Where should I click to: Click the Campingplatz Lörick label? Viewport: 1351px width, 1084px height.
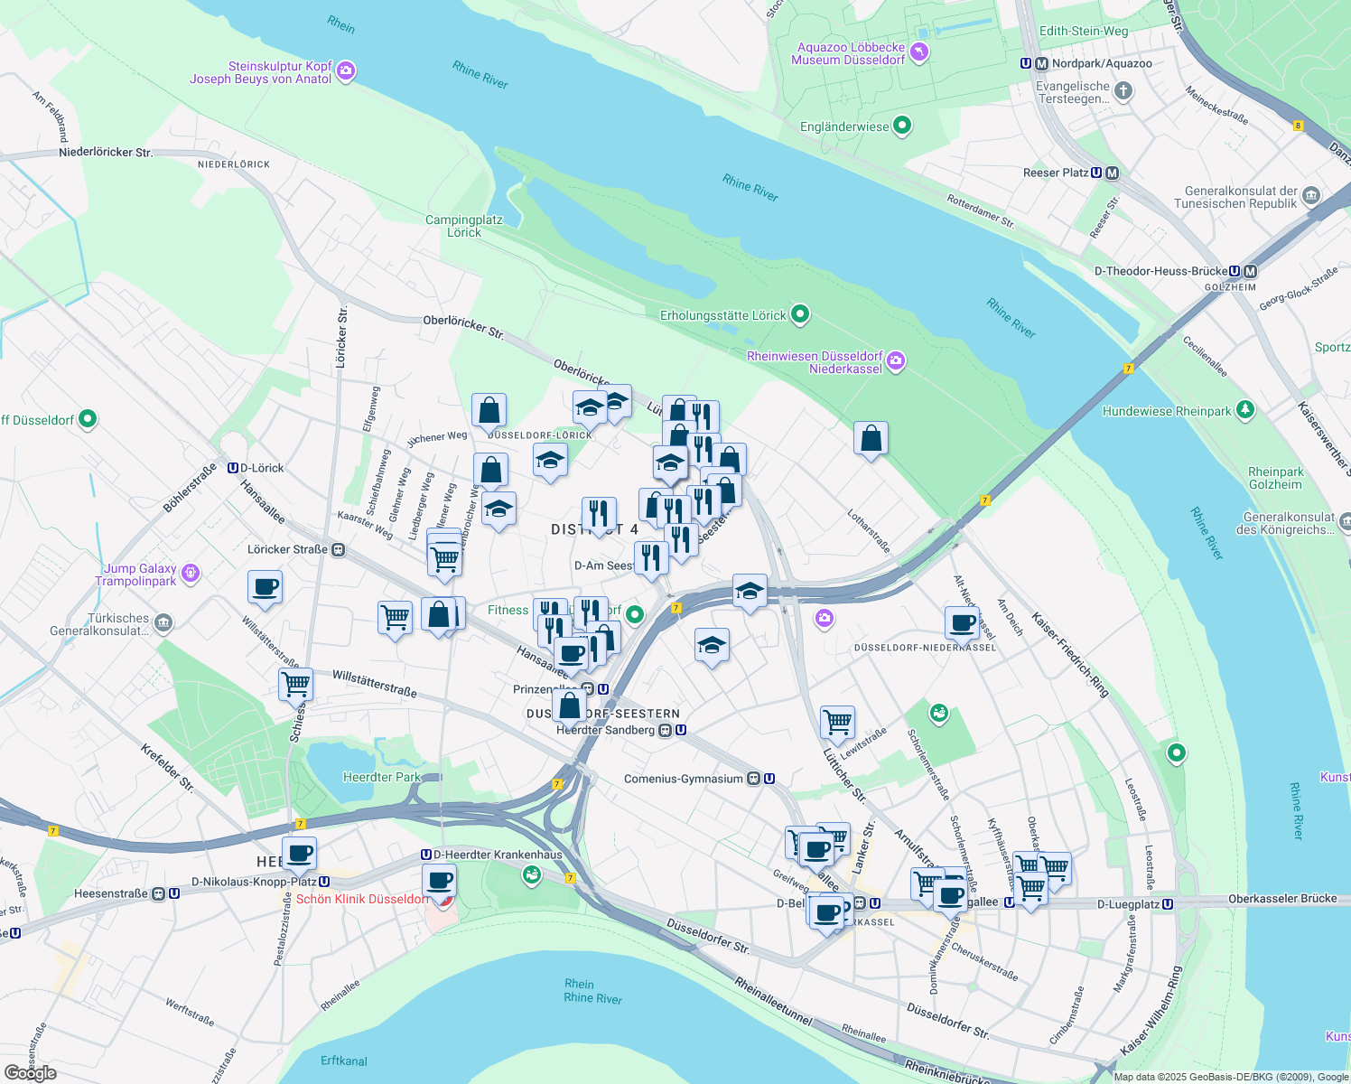463,226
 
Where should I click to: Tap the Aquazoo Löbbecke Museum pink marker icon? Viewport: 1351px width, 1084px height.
919,52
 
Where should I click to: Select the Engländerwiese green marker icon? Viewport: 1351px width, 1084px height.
902,126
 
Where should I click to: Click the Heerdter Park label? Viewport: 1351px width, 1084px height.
382,777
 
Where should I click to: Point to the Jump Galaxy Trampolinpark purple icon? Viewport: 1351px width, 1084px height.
190,574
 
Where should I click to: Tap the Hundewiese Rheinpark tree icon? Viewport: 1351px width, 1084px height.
1245,410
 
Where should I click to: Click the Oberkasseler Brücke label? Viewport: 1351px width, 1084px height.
1282,899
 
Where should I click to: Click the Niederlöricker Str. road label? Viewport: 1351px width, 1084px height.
106,152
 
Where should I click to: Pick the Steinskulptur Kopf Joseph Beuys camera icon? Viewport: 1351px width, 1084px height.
345,71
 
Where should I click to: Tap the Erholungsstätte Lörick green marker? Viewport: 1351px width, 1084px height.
799,314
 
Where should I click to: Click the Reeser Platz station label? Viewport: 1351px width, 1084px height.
1056,173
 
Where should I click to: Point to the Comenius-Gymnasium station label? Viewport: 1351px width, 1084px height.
684,779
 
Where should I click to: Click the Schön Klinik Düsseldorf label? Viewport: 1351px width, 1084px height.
362,899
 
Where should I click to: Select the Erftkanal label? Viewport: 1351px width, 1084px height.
344,1061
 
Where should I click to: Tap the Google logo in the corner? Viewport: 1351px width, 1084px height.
30,1072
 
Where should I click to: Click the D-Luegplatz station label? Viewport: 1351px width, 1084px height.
1128,904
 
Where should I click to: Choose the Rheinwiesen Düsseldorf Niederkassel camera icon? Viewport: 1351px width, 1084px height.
895,361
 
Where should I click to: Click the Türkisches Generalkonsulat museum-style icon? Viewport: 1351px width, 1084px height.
163,622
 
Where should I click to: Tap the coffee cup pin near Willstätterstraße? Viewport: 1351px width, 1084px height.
265,588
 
